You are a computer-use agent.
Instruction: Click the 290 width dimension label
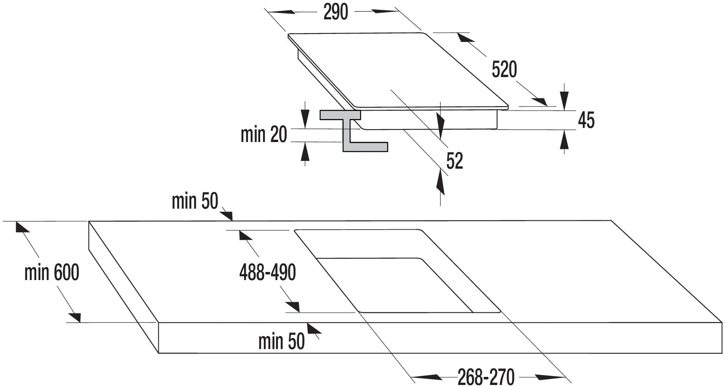[336, 12]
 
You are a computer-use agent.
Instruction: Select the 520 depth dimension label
[504, 69]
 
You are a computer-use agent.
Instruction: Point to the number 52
[455, 161]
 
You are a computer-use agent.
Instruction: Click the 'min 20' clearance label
[263, 134]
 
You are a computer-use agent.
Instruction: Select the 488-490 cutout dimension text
[267, 272]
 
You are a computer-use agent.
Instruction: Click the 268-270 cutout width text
[486, 377]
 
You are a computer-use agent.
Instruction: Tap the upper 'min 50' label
[195, 201]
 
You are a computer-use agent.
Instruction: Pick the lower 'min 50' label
[281, 341]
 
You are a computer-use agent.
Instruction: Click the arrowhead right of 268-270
[550, 377]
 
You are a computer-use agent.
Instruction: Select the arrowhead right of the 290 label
[385, 11]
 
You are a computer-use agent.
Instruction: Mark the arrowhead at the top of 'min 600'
[23, 227]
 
